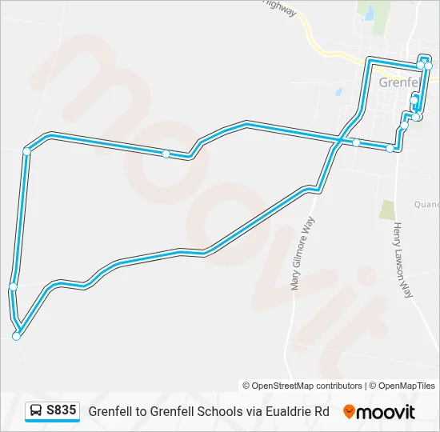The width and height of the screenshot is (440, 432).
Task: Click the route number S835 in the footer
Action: [62, 410]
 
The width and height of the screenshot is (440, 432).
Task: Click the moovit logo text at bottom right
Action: [386, 412]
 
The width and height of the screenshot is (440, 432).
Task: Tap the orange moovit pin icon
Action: [349, 412]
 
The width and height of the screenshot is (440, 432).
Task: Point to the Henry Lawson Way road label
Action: [402, 260]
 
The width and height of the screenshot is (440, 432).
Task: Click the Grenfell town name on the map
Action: [398, 82]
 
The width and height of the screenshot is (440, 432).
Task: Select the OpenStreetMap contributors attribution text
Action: [302, 386]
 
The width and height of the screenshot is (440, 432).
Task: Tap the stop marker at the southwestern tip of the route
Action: [16, 337]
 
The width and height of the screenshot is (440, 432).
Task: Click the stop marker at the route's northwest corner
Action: [26, 150]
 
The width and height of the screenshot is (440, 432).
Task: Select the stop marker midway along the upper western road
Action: [166, 154]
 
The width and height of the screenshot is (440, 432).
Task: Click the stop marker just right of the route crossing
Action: [356, 143]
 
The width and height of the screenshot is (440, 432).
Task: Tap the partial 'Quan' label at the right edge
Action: [426, 204]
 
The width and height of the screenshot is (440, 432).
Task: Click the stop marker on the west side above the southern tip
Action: [13, 286]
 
